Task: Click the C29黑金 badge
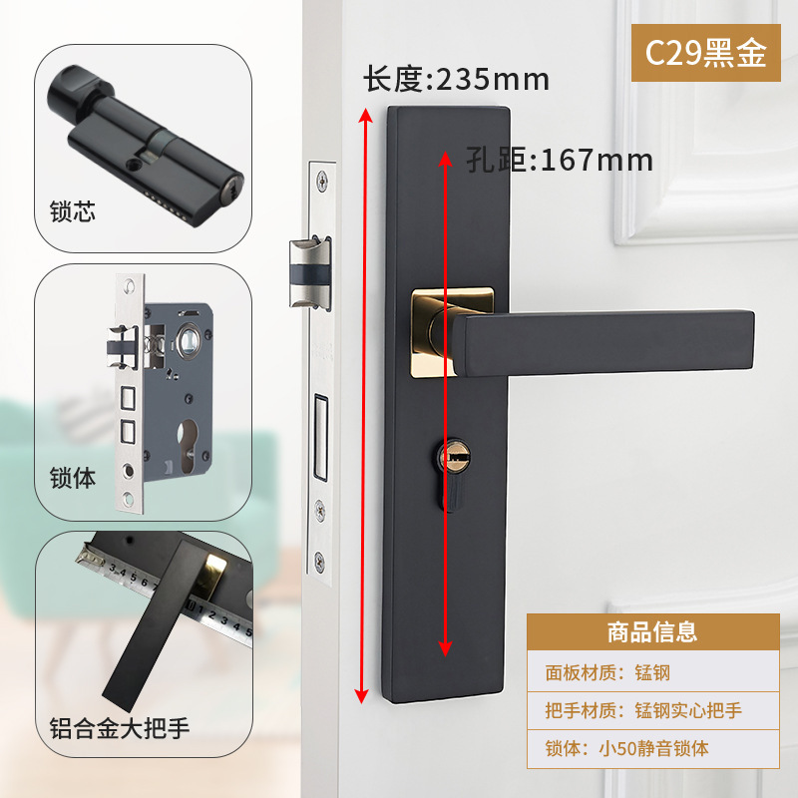click(x=705, y=52)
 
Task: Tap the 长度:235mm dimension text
click(x=456, y=79)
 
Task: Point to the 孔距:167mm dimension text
click(x=560, y=160)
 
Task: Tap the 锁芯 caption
click(x=73, y=212)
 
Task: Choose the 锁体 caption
click(x=73, y=478)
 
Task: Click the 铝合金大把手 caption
click(x=120, y=727)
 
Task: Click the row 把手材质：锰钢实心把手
click(x=643, y=711)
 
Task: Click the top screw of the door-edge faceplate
click(x=321, y=180)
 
